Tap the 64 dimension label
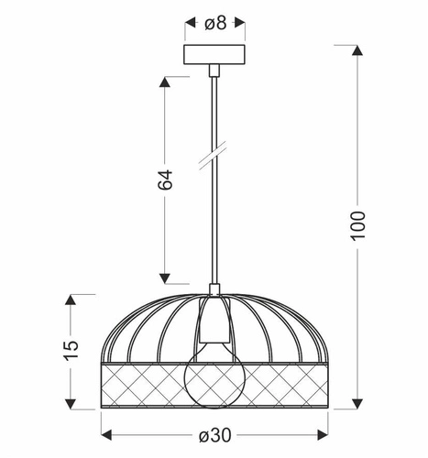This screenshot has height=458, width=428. click(166, 180)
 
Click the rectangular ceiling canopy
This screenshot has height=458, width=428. click(214, 53)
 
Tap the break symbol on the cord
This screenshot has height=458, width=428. click(214, 157)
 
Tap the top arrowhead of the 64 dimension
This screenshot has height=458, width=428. click(166, 82)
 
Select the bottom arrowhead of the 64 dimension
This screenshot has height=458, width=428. click(166, 278)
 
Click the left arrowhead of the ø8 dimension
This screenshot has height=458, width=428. click(190, 23)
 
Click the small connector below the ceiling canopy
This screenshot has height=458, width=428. click(214, 69)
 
